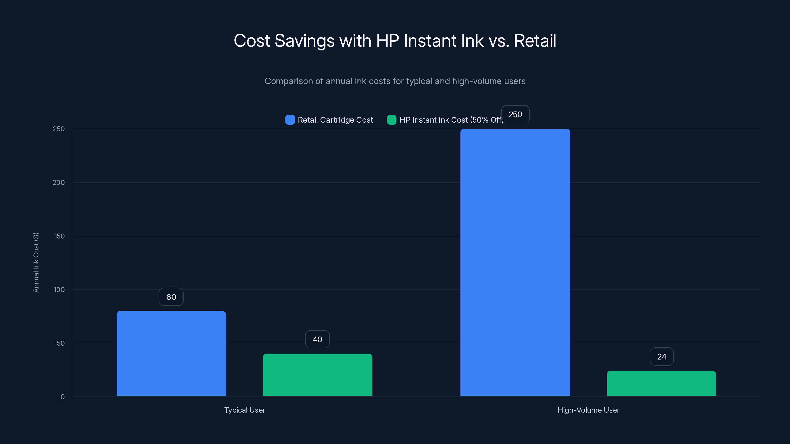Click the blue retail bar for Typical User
171,354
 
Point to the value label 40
317,339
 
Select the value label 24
662,356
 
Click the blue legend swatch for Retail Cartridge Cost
290,120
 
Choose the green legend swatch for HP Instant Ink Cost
392,120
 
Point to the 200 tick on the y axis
59,182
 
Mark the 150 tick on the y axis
59,236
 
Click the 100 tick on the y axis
59,290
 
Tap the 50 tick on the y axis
61,343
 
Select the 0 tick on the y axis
62,397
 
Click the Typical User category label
244,410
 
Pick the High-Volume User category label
588,410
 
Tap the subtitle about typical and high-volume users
395,81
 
